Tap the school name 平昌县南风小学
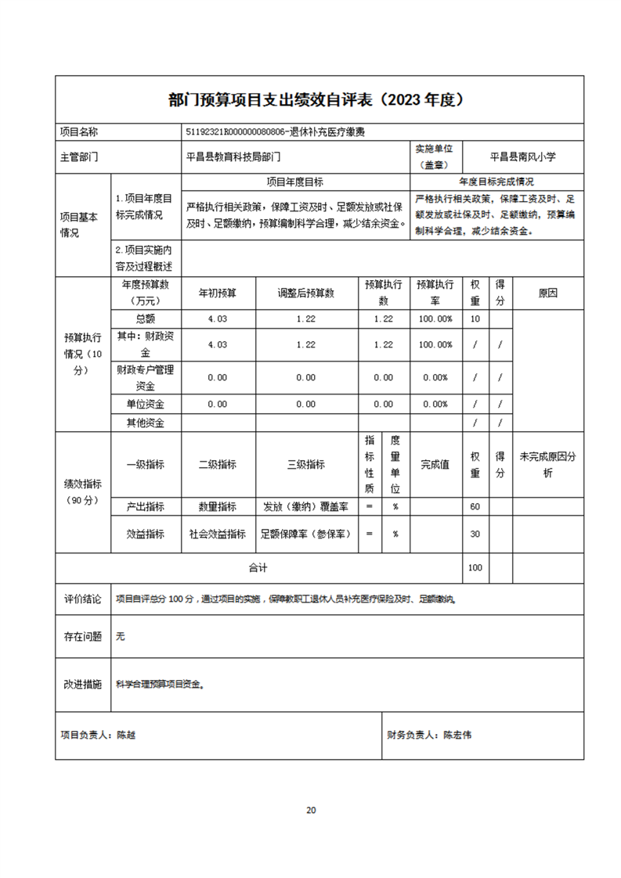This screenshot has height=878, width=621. tap(522, 157)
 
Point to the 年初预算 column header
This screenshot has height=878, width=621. tap(218, 293)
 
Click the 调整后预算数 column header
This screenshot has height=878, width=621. tap(306, 293)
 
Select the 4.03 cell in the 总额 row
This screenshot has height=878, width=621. tap(218, 319)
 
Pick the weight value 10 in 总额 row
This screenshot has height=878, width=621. tap(475, 319)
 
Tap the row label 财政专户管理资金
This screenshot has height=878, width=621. tap(146, 377)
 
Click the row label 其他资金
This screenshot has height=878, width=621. tap(146, 423)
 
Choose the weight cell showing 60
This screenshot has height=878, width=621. tap(475, 506)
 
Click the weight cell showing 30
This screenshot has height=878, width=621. tap(475, 534)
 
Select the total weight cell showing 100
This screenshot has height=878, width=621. tap(475, 568)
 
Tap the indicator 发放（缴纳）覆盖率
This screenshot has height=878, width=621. tap(306, 506)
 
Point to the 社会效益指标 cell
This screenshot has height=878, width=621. tap(218, 534)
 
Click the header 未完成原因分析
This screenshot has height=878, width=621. tap(547, 464)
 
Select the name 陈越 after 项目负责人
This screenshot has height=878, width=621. tap(126, 736)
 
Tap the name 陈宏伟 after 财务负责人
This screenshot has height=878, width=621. tap(457, 736)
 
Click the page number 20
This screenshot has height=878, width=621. tap(311, 810)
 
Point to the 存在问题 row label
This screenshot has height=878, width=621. tap(82, 637)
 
